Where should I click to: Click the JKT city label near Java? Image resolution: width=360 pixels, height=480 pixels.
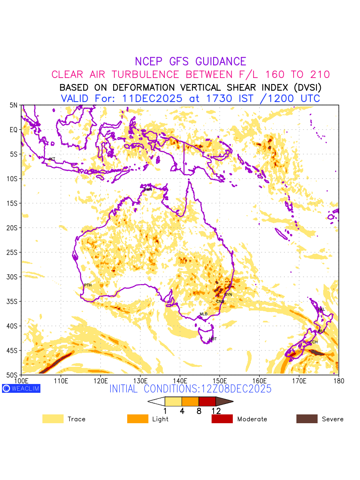click(x=52, y=159)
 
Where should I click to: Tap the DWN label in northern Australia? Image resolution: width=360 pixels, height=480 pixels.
click(x=148, y=189)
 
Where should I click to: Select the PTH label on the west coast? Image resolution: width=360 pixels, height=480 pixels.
click(x=88, y=285)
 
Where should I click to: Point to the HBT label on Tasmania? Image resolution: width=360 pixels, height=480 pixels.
click(x=213, y=339)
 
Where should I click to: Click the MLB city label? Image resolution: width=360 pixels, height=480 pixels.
click(x=204, y=314)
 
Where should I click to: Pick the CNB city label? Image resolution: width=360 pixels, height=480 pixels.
click(x=220, y=302)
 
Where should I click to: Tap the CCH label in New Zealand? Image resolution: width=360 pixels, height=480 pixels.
click(x=314, y=342)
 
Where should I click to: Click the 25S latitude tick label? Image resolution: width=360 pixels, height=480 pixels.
click(x=14, y=252)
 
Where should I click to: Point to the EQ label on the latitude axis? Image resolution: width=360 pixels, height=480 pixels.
click(x=14, y=130)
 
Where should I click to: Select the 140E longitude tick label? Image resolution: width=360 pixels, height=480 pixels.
click(x=180, y=380)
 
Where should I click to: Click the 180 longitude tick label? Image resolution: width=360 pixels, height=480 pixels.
click(x=338, y=380)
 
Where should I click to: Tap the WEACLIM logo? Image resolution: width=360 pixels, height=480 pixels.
click(x=21, y=388)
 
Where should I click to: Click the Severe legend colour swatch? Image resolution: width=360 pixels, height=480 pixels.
click(x=307, y=419)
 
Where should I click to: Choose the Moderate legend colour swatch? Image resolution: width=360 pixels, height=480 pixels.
click(x=222, y=419)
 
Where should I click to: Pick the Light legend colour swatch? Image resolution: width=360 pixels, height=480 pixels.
click(x=138, y=419)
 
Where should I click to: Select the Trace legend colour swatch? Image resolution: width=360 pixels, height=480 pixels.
click(x=53, y=419)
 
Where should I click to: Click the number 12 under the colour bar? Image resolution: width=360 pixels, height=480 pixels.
click(x=216, y=411)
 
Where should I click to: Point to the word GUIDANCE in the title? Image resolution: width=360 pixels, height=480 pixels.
click(x=220, y=62)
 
